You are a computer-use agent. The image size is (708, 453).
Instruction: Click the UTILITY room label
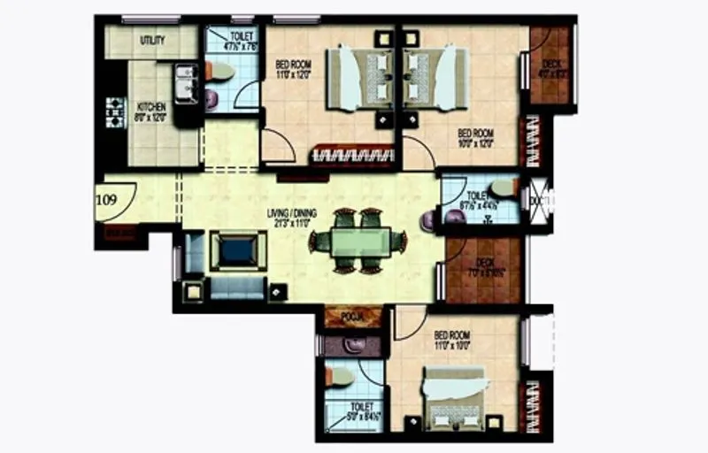point(152,41)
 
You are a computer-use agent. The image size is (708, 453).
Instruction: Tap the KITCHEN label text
point(151,107)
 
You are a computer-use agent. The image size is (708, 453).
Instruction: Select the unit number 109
point(106,199)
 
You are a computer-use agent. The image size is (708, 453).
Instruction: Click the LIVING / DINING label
point(292,213)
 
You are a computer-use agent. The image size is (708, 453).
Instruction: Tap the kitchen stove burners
point(115,111)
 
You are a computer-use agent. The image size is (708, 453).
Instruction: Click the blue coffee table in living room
point(237,250)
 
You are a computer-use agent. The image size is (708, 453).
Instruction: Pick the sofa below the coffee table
point(237,287)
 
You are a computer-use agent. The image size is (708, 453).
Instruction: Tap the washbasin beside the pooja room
point(354,344)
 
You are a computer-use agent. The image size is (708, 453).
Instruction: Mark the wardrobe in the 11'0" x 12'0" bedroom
point(352,157)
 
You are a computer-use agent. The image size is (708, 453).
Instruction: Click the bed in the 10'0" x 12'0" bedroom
point(435,77)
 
